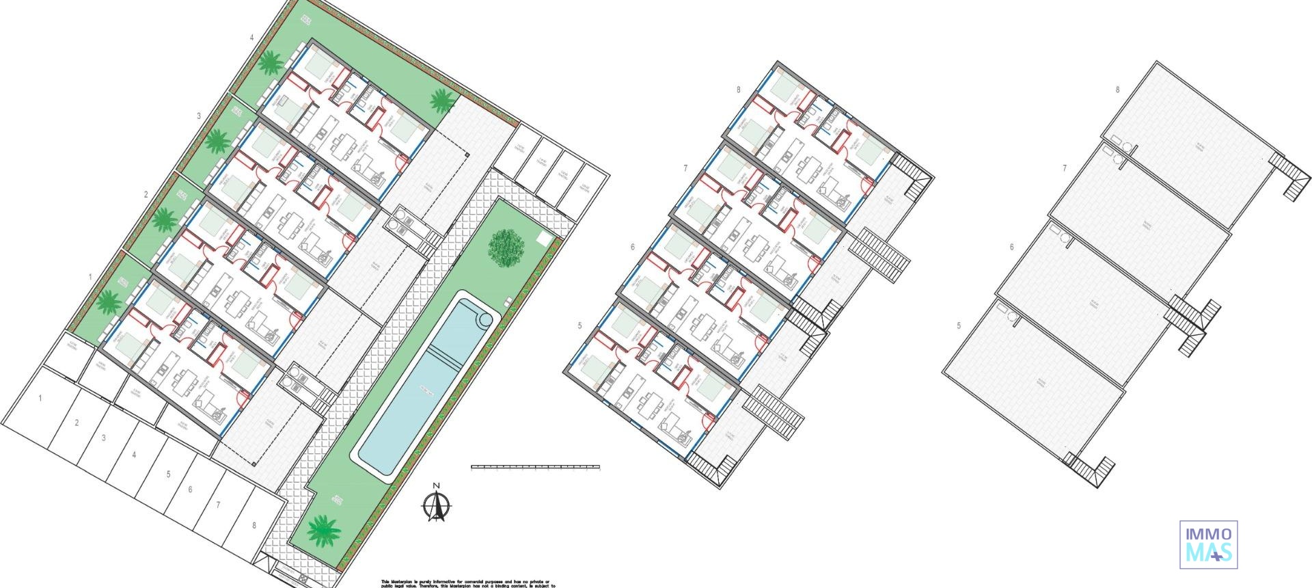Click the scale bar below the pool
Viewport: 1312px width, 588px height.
[x=535, y=468]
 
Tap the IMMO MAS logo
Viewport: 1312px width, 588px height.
[x=1208, y=544]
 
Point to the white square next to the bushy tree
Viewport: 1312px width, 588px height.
[x=545, y=238]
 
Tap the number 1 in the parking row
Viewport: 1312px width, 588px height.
[x=40, y=398]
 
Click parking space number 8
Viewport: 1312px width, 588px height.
[x=254, y=526]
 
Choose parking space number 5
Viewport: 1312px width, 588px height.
[x=168, y=474]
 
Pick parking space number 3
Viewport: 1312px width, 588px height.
[x=104, y=438]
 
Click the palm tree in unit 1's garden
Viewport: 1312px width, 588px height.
[x=108, y=300]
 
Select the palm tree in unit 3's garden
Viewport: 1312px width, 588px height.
[x=218, y=141]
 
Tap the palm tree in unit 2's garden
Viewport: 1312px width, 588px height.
[x=165, y=220]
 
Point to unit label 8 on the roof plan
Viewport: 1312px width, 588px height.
[x=1117, y=90]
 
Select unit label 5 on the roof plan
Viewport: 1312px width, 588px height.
[x=959, y=326]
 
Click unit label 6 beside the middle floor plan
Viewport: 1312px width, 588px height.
[x=633, y=247]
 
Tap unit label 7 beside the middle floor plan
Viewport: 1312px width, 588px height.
[x=685, y=168]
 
